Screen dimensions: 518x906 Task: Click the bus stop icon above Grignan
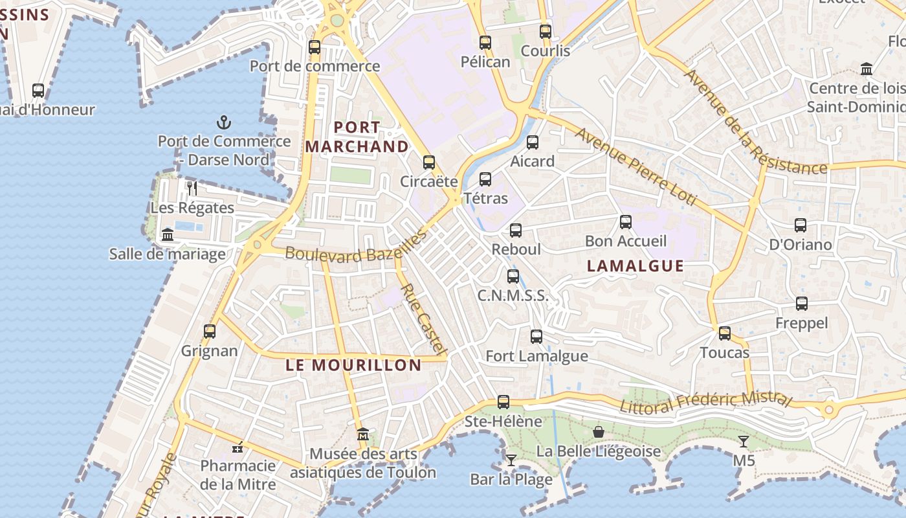coord(210,331)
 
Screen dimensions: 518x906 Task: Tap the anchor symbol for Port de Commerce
coord(224,122)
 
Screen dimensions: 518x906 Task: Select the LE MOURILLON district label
coord(353,365)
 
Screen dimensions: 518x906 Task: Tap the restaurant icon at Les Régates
coord(192,188)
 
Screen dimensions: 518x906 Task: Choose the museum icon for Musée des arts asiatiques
coord(363,433)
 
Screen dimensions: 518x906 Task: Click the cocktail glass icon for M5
coord(744,442)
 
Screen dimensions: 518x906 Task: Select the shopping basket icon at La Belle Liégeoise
coord(599,431)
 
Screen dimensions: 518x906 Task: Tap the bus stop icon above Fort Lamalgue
coord(536,336)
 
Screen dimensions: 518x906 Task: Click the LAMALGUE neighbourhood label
coord(635,265)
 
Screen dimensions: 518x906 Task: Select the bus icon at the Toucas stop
coord(725,333)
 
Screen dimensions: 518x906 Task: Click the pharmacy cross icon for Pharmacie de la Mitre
coord(238,447)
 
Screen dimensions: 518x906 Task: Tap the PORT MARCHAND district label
coord(357,137)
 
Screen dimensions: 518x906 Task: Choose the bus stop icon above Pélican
coord(485,43)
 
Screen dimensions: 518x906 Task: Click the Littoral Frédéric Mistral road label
coord(705,401)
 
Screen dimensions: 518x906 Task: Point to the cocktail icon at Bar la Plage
coord(511,460)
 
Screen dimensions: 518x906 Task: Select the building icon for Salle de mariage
coord(168,234)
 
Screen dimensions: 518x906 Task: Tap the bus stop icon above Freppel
coord(802,303)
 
